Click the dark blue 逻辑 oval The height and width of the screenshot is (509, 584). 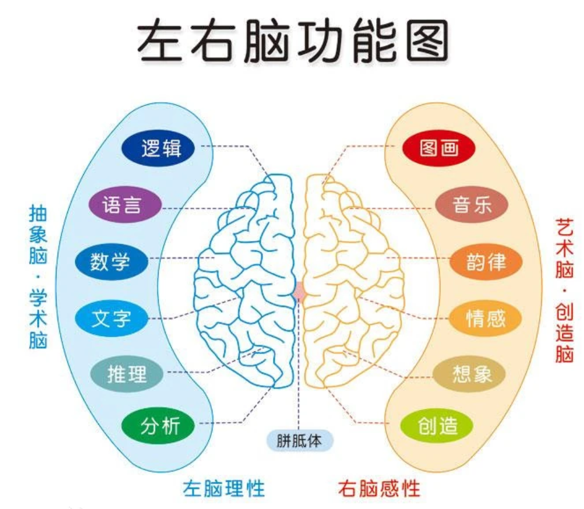(158, 148)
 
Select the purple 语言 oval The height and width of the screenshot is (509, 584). (125, 204)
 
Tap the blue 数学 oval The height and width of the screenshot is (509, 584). (112, 262)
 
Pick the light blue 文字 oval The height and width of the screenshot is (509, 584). (112, 318)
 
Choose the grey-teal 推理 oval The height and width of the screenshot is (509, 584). (127, 374)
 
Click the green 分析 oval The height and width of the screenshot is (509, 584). (158, 426)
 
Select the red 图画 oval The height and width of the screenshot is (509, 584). (439, 148)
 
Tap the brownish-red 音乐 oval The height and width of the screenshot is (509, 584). (472, 204)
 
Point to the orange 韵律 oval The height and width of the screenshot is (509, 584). (486, 262)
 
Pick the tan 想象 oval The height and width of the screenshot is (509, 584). (469, 374)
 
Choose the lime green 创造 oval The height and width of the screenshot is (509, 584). (437, 426)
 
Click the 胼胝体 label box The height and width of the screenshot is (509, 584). (300, 441)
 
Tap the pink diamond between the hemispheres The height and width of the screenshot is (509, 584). (299, 292)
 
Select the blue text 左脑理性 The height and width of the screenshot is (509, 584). (224, 488)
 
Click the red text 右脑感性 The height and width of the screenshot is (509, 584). (379, 488)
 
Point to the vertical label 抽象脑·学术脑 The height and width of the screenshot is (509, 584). (38, 277)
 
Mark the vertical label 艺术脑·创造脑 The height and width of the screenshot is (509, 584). (564, 290)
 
